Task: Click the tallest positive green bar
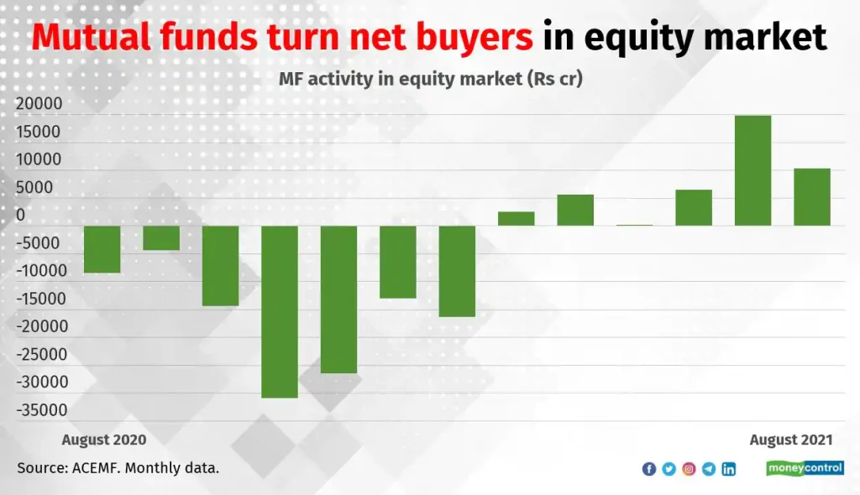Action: pos(752,170)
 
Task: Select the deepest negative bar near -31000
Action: pos(280,312)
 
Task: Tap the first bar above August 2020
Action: pos(102,249)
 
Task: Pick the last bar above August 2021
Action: pos(812,197)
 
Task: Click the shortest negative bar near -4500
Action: pos(161,238)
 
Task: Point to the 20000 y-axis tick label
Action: pos(39,103)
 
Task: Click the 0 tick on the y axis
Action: pos(21,215)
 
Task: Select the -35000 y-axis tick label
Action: pos(42,410)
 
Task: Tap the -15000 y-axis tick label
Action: pos(41,299)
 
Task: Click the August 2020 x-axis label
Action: pos(104,440)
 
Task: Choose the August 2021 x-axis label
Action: pos(791,440)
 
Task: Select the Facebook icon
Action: pos(649,469)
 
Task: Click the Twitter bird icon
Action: pos(669,469)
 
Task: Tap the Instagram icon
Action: pos(689,469)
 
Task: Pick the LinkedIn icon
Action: pos(729,469)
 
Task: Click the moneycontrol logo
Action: pos(805,468)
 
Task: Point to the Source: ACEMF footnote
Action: pos(118,468)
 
